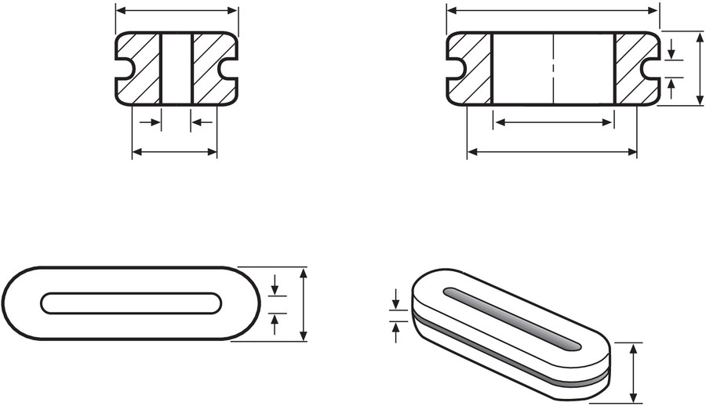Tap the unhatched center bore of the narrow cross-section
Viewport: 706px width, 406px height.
click(x=176, y=69)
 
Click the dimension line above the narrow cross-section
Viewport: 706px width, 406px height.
click(x=176, y=11)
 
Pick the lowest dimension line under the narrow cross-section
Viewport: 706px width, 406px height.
click(x=174, y=152)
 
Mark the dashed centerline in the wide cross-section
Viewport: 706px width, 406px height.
click(x=553, y=69)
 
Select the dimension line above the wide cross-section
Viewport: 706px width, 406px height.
click(x=553, y=10)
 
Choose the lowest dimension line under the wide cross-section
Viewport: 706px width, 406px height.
click(x=552, y=151)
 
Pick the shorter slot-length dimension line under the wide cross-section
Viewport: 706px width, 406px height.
click(x=553, y=122)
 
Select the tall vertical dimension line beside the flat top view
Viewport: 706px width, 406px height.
click(x=304, y=304)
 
